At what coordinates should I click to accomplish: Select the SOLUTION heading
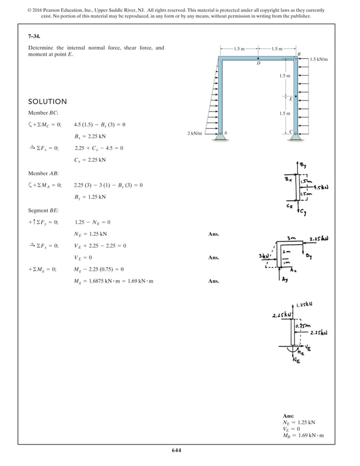[47, 102]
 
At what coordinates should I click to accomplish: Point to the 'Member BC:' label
[43, 113]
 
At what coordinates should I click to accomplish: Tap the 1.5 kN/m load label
[319, 59]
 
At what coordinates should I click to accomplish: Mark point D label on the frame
[258, 64]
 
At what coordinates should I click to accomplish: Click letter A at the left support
[225, 133]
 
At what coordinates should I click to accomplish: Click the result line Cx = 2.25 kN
[90, 160]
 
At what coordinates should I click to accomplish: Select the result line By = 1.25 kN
[90, 197]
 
